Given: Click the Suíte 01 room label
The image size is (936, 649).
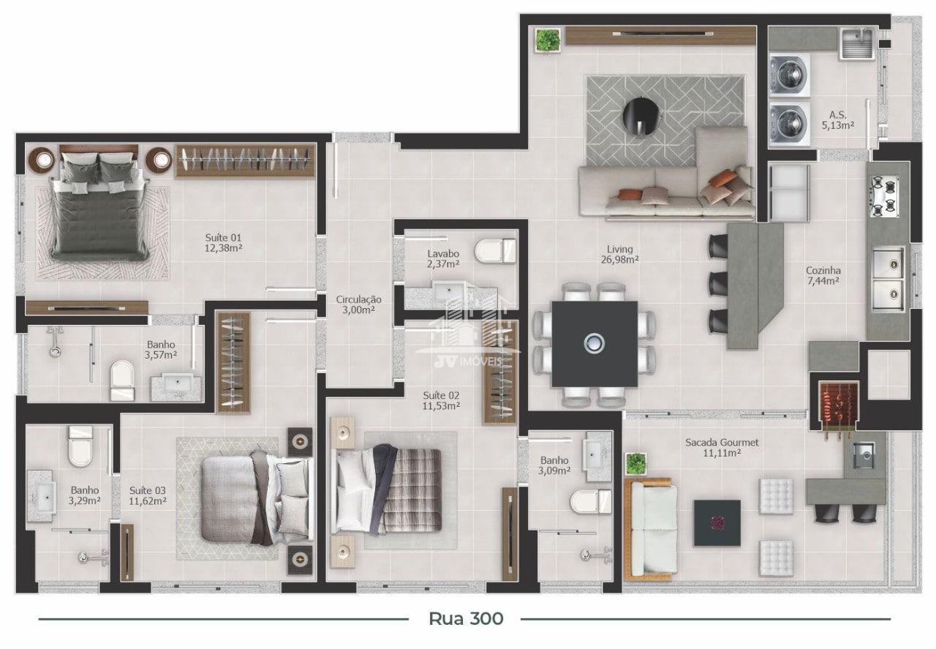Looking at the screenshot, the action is tap(224, 243).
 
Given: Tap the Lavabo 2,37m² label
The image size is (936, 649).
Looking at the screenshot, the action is tap(443, 259).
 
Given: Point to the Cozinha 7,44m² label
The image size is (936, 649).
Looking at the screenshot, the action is tap(823, 276).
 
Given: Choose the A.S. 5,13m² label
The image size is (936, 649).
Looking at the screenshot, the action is tap(838, 120).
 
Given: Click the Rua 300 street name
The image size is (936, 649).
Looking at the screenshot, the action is tap(466, 619).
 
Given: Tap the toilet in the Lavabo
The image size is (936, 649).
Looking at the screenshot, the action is tap(496, 251).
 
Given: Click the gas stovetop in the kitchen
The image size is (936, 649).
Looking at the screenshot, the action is tap(885, 197).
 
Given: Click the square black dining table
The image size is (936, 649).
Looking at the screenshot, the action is tap(595, 344).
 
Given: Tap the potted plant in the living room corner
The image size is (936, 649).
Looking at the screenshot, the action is tap(548, 40).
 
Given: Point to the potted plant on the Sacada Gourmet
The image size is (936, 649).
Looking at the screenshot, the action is tap(635, 464).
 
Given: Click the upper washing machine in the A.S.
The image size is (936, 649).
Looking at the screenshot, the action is tap(789, 75).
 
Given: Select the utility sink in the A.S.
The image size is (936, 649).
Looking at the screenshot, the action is tap(857, 43).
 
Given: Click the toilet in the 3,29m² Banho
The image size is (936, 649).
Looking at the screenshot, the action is tap(80, 446).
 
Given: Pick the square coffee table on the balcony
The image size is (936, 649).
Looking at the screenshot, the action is tap(717, 522).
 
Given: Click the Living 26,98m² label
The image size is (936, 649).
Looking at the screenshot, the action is tap(619, 254).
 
